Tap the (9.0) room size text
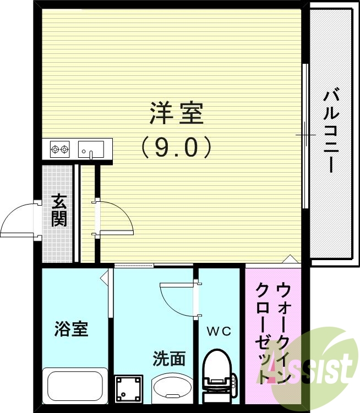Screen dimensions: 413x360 coord(176,147)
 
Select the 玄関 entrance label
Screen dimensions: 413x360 coord(59,211)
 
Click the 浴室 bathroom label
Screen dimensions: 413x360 coord(72,329)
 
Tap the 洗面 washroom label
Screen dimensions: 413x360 coord(169,359)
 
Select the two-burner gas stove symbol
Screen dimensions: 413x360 coord(59,148)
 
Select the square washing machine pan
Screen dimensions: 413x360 coord(129,390)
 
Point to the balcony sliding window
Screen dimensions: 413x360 coord(305,135)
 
